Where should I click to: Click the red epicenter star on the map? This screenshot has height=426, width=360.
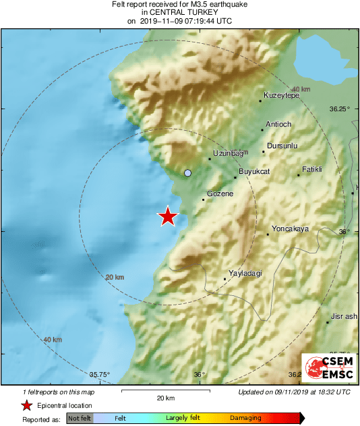(168, 216)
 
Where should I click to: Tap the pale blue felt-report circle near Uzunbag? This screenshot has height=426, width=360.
(188, 173)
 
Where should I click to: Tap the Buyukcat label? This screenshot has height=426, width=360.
(254, 172)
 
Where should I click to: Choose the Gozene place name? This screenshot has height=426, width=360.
(220, 194)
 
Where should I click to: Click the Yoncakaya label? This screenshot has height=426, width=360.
(289, 229)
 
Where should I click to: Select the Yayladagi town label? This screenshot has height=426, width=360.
(245, 273)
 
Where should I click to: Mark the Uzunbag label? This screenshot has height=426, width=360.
(227, 154)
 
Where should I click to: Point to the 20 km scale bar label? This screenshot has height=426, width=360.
(165, 398)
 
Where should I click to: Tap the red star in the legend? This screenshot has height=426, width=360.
(26, 406)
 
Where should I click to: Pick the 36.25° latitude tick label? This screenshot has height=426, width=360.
(339, 109)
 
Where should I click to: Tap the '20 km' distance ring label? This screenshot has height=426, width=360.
(115, 277)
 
